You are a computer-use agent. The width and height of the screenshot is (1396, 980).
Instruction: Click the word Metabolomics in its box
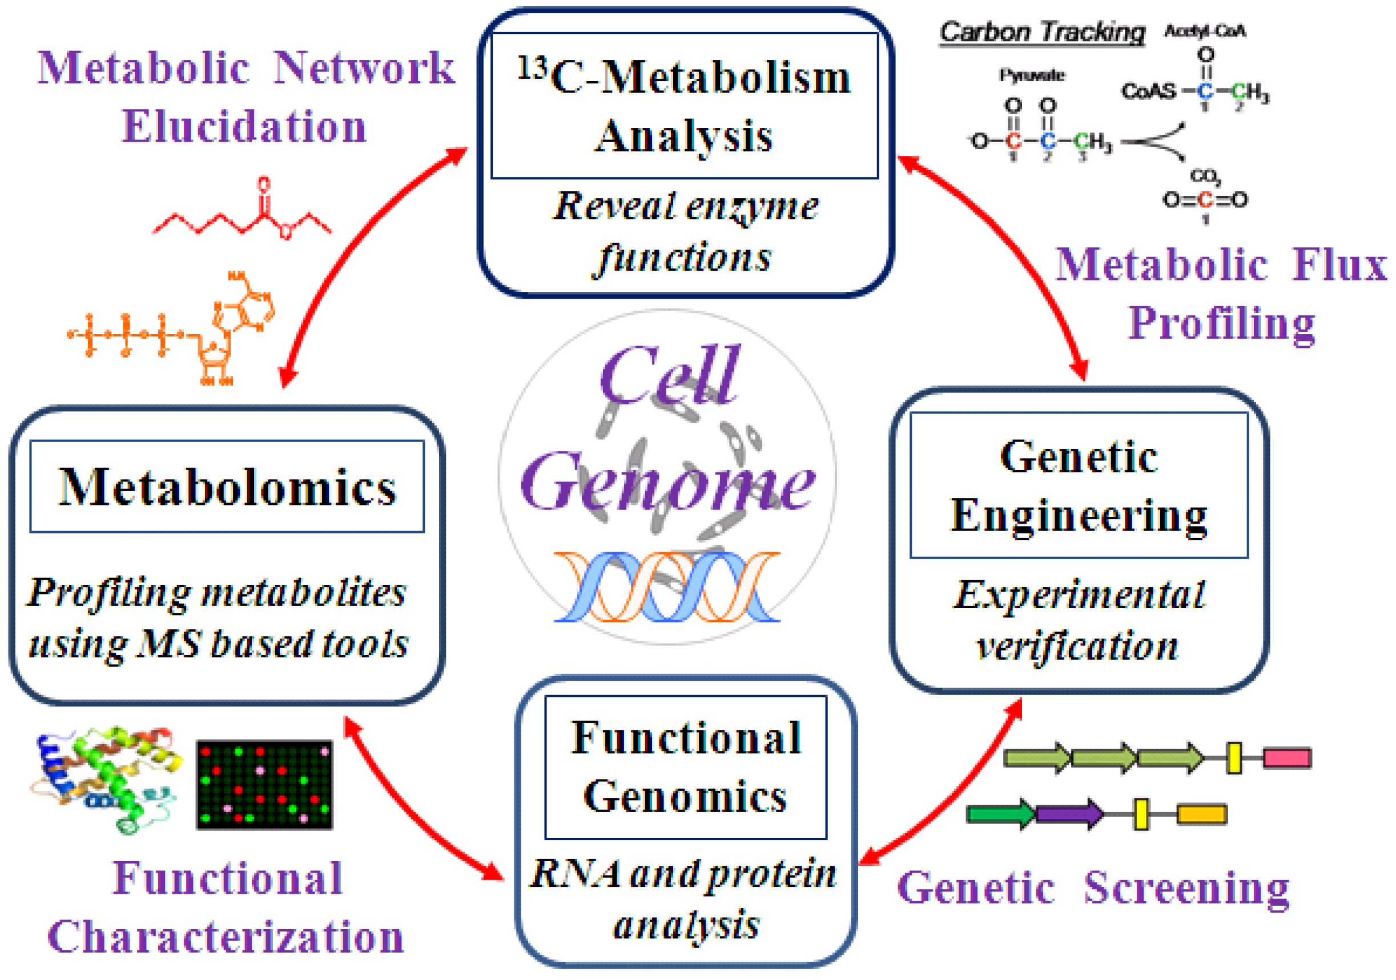(x=227, y=487)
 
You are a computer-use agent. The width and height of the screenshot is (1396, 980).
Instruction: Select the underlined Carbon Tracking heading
(x=1041, y=31)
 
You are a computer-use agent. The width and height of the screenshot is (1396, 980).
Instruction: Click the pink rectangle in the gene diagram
(x=1287, y=758)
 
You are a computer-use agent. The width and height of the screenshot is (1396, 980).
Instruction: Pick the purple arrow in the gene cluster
(x=1069, y=814)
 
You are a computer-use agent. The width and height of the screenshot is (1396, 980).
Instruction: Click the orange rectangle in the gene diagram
(x=1202, y=814)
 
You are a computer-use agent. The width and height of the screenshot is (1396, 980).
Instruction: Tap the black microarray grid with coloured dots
(x=264, y=785)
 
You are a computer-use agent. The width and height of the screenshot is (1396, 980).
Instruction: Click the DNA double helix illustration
(x=666, y=587)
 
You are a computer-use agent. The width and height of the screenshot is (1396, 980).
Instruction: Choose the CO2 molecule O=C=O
(x=1205, y=199)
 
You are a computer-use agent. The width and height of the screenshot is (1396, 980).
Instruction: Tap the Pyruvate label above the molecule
(x=1032, y=75)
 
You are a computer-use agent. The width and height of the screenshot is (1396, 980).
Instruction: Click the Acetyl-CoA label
(x=1205, y=31)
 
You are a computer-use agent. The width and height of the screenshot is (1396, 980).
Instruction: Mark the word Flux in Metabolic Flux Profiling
(x=1340, y=265)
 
